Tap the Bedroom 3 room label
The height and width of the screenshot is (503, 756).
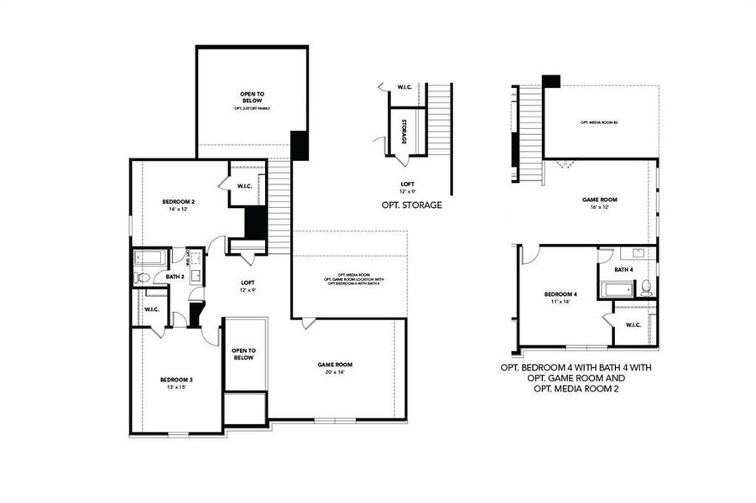tap(177, 380)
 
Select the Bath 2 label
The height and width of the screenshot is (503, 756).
tap(174, 277)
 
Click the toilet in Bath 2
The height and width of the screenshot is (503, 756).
tap(142, 277)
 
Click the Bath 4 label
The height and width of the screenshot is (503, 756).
tap(623, 269)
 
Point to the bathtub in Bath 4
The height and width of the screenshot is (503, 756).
tap(618, 290)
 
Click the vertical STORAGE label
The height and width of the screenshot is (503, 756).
tap(404, 132)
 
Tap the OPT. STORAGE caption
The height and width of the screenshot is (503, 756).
tap(411, 205)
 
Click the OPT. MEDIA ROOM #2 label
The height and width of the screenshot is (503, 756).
tap(599, 122)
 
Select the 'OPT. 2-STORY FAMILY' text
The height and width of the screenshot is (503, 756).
tap(252, 109)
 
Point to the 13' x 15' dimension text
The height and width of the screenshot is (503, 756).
tap(177, 388)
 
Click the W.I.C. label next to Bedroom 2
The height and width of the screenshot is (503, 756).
tap(245, 185)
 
